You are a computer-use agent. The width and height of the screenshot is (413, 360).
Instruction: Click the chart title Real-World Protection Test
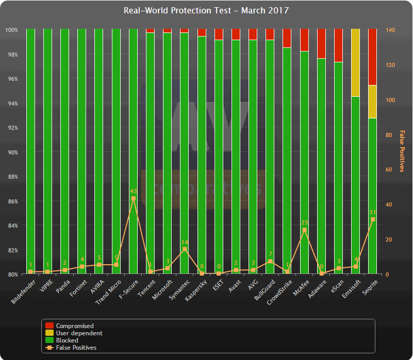click(x=206, y=10)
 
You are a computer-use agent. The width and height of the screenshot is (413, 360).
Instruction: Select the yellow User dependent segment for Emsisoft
click(x=355, y=63)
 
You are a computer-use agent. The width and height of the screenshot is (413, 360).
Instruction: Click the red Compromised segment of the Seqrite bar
click(x=372, y=57)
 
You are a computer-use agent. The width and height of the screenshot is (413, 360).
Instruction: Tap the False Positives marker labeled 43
click(x=133, y=198)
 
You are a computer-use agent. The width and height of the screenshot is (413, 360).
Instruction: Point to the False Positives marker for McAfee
click(x=304, y=230)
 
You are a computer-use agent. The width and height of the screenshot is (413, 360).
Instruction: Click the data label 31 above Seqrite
click(x=372, y=212)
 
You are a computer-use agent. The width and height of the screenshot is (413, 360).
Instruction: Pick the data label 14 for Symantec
click(x=185, y=242)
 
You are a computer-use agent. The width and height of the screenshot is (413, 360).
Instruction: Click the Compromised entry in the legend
click(x=74, y=326)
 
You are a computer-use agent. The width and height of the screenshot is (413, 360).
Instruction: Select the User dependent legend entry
click(x=79, y=333)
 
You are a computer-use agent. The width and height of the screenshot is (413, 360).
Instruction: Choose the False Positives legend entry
click(x=76, y=348)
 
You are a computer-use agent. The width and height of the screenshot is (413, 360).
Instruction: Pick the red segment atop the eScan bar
click(x=338, y=45)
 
